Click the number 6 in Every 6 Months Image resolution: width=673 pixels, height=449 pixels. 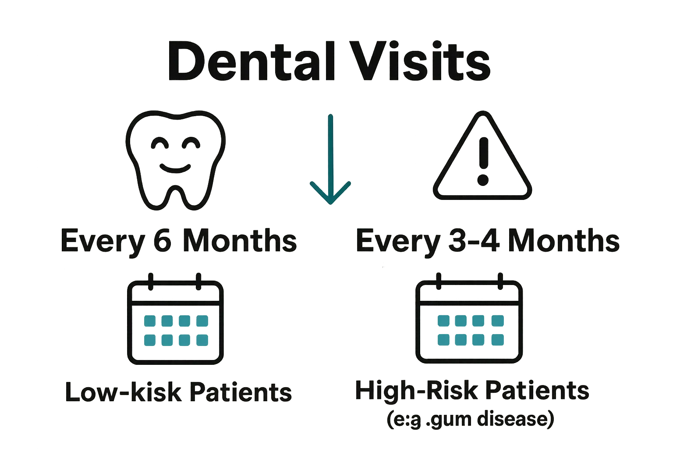pyautogui.click(x=163, y=241)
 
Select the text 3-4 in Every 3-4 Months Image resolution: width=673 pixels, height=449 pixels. pyautogui.click(x=474, y=241)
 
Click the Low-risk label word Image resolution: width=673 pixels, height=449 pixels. pyautogui.click(x=122, y=392)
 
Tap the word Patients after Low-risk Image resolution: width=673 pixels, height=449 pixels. pyautogui.click(x=241, y=392)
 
